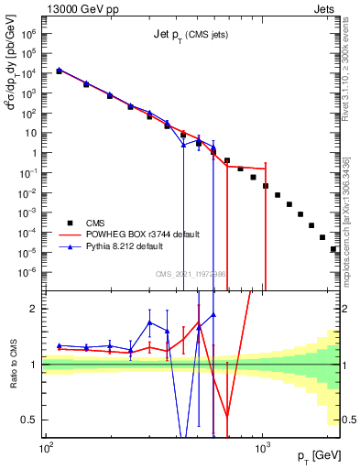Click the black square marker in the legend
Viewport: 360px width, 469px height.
[x=70, y=222]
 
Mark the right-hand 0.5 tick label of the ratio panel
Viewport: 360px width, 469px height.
[x=350, y=420]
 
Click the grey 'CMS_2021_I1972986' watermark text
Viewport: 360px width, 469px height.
[x=191, y=274]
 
